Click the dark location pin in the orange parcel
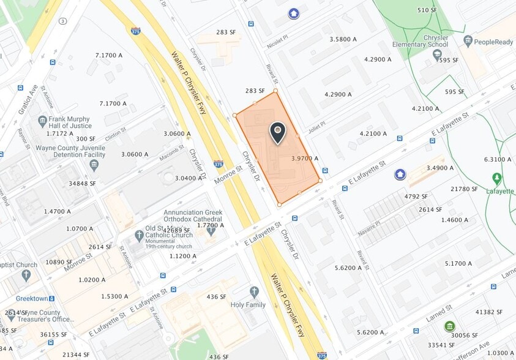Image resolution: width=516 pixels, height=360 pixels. [278, 132]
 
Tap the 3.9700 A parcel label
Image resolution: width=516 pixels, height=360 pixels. [305, 158]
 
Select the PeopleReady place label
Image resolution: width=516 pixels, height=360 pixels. [491, 40]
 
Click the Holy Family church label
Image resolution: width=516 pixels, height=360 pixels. [248, 304]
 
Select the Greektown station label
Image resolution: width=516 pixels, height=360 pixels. [28, 298]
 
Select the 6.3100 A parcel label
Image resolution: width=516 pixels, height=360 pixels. [497, 159]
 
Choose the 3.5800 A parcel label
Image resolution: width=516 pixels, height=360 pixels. [343, 39]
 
